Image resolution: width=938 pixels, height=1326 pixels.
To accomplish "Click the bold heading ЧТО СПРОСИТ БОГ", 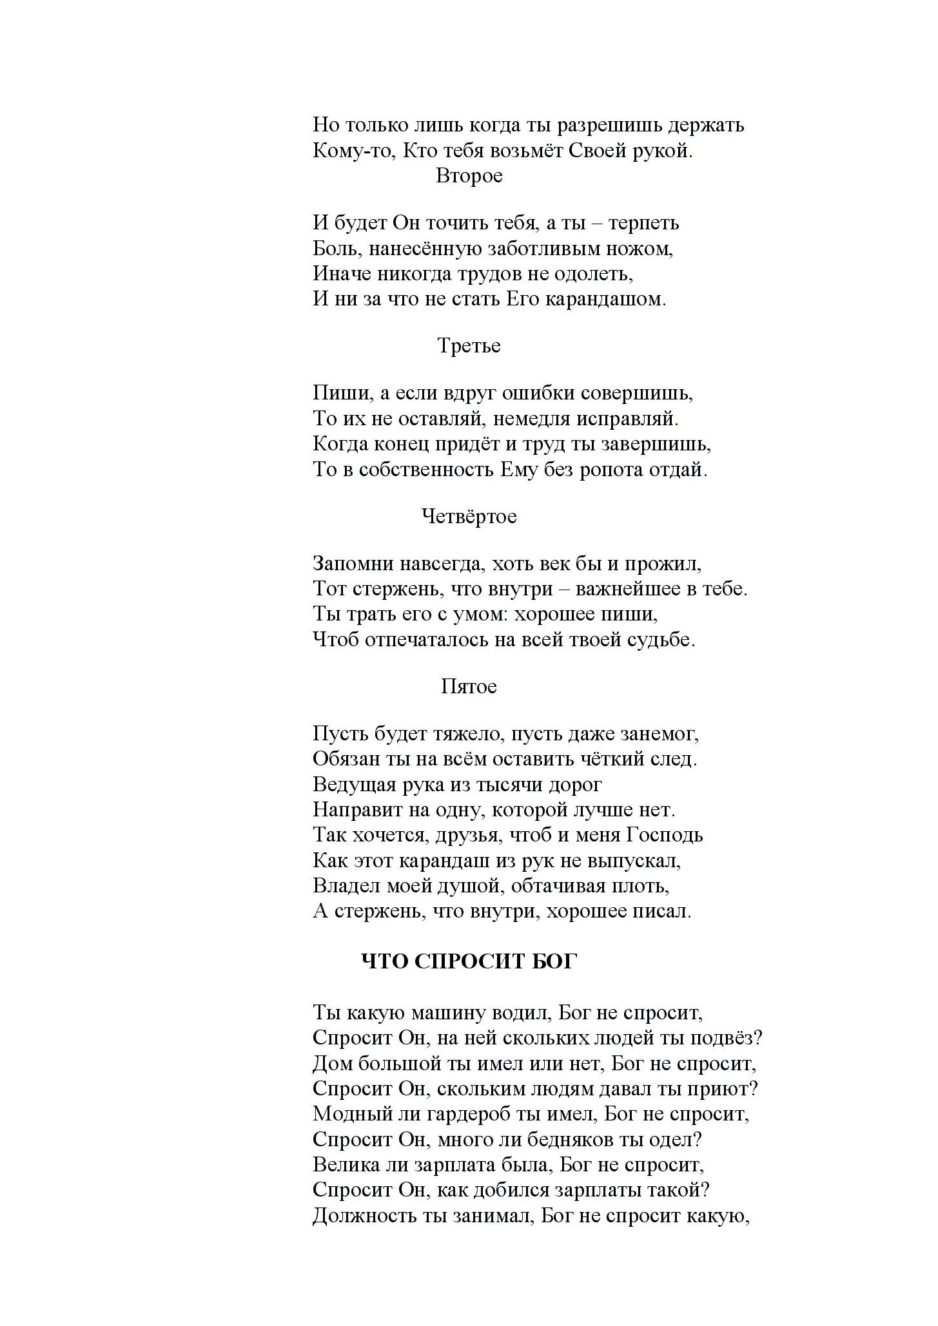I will click(x=469, y=961).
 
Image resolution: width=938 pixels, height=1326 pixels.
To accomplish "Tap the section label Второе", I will click(x=469, y=176).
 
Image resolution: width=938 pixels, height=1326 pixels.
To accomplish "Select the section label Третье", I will click(x=469, y=346).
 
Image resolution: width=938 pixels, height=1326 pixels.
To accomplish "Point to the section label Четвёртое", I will click(x=469, y=516).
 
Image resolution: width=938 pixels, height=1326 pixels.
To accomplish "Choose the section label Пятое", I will click(x=469, y=686).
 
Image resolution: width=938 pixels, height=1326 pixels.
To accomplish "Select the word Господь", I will click(x=664, y=835).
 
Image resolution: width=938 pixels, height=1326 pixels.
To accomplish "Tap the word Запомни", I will click(x=353, y=564).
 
